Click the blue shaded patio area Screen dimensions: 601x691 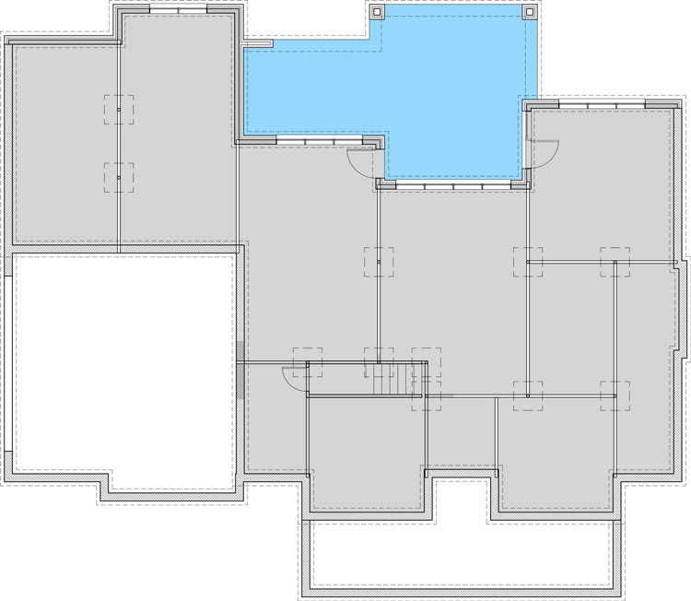click(451, 92)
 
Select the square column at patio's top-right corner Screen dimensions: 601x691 click(531, 12)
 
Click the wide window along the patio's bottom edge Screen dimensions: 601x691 click(451, 186)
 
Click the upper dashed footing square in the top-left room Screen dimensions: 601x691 click(118, 110)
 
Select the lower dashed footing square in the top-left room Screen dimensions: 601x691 click(118, 177)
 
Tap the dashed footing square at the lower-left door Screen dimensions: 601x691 click(308, 361)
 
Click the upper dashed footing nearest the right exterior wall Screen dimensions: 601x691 click(615, 262)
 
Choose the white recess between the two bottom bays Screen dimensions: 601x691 click(461, 498)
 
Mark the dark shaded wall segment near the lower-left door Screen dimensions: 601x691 click(240, 370)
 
